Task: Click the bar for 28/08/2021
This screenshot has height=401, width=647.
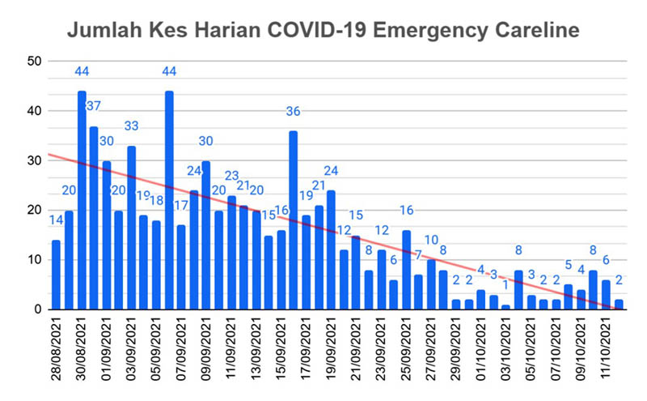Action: tap(57, 275)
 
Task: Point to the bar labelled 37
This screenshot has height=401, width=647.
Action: tap(94, 218)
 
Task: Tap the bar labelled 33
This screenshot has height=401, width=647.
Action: tap(131, 228)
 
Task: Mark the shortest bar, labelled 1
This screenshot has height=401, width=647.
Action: tap(506, 307)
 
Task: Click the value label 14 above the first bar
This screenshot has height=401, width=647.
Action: tap(56, 221)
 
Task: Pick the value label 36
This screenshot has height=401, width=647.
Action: tap(293, 112)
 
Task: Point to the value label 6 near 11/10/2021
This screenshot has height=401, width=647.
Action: tap(606, 261)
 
